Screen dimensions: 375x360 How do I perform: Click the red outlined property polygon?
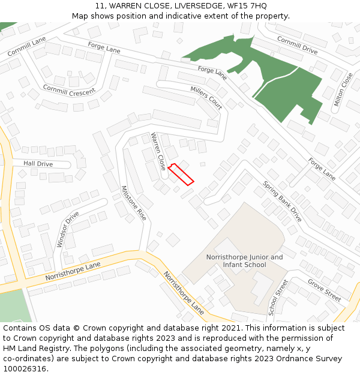(x=181, y=174)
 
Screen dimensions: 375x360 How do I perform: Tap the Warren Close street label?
(x=158, y=151)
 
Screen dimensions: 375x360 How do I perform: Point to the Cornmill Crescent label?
(x=68, y=90)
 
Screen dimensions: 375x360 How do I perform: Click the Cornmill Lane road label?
(x=27, y=46)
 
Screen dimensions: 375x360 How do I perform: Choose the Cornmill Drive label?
(x=297, y=45)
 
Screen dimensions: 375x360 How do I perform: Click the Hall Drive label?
(x=38, y=164)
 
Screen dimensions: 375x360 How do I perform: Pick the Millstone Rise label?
(x=133, y=202)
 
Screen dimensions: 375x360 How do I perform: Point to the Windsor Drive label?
(x=68, y=229)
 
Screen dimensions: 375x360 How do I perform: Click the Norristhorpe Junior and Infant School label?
(x=244, y=261)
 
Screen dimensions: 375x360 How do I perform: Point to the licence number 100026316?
(x=25, y=368)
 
